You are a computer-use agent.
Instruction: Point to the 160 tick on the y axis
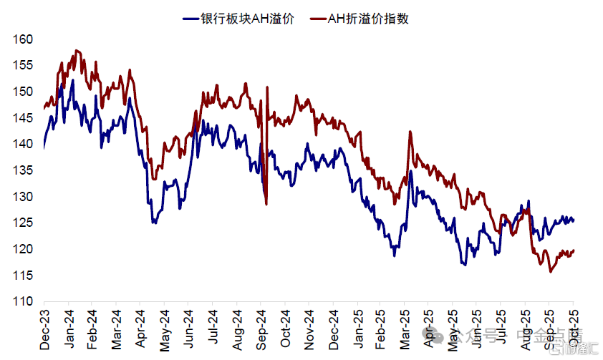coord(23,39)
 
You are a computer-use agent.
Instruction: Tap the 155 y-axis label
coord(23,65)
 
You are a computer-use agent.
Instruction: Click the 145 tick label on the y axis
coord(23,118)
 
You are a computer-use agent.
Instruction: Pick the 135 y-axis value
coord(23,170)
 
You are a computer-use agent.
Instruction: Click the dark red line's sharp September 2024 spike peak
coord(267,87)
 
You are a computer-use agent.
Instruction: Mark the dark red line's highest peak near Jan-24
coord(76,51)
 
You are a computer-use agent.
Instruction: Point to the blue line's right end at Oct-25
coord(573,220)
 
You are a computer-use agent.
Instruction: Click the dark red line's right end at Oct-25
coord(573,250)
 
